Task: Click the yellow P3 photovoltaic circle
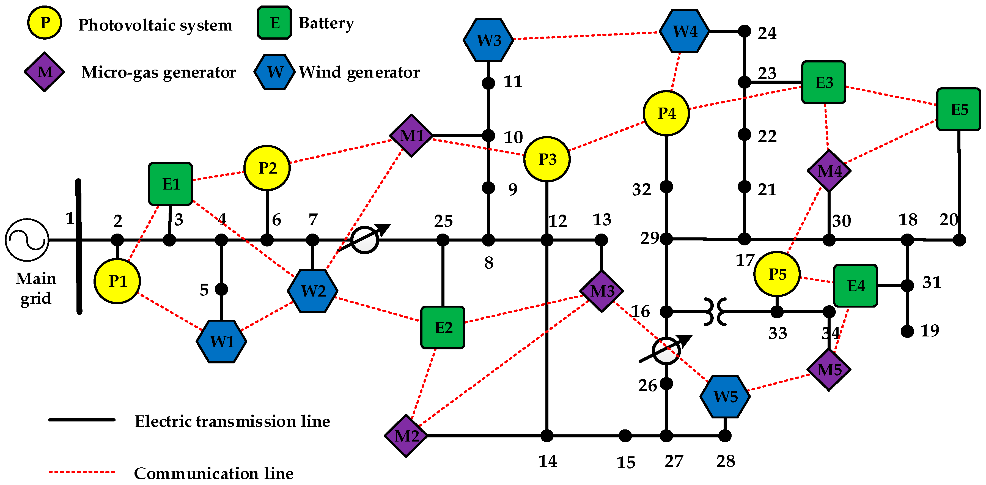(546, 159)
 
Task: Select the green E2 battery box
(443, 327)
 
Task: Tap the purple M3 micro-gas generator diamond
(601, 291)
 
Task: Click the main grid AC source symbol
(27, 240)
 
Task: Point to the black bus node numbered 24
(744, 31)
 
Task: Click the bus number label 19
(929, 331)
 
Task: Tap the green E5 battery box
(958, 109)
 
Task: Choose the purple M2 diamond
(406, 435)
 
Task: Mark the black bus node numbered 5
(221, 289)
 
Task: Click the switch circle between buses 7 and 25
(365, 240)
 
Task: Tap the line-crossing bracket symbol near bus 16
(715, 312)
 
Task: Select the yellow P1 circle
(117, 281)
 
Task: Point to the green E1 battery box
(170, 184)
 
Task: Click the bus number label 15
(626, 462)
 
